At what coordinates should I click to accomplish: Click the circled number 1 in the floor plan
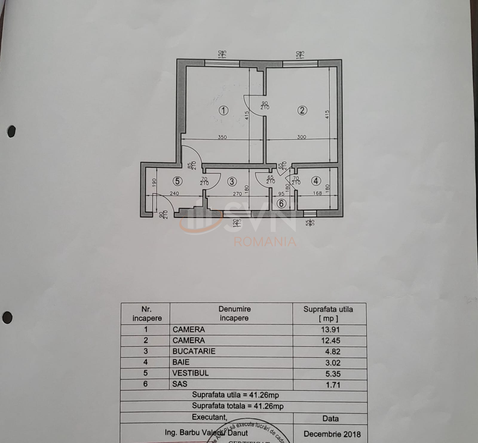(x=223, y=111)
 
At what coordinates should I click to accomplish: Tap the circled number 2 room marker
(x=302, y=110)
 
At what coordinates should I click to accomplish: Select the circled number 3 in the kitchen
(x=232, y=181)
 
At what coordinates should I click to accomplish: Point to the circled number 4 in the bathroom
(x=316, y=181)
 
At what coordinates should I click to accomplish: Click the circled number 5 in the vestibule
(x=177, y=181)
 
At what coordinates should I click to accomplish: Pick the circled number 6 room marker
(x=281, y=204)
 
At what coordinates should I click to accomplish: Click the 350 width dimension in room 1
(x=222, y=137)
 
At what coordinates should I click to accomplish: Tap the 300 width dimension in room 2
(x=302, y=137)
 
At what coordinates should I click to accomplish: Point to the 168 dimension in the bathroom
(x=317, y=193)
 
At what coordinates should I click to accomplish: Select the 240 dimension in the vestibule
(x=174, y=193)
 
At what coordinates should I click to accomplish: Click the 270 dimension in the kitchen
(x=237, y=194)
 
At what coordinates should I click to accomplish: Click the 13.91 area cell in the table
(x=330, y=330)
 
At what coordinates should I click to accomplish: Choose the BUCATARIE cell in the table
(x=194, y=351)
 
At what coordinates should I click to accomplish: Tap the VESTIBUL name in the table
(x=190, y=373)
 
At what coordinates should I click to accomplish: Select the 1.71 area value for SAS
(x=333, y=385)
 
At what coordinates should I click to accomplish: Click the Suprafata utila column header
(x=328, y=313)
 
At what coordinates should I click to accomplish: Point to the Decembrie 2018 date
(x=332, y=434)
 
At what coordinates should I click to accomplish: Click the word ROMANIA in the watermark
(x=265, y=242)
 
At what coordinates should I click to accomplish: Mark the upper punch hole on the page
(x=11, y=131)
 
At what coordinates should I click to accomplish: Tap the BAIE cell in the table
(x=181, y=362)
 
